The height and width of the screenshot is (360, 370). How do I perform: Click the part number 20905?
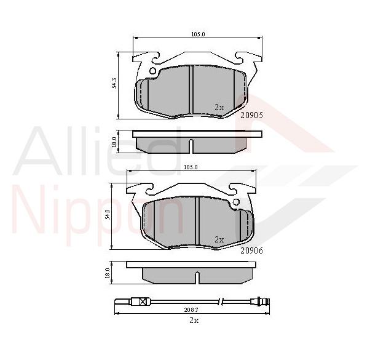click(x=251, y=115)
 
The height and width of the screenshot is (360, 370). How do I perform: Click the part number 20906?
click(x=251, y=250)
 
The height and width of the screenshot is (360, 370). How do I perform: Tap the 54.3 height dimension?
click(x=114, y=83)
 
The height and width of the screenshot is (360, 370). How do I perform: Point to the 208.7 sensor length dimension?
click(x=191, y=310)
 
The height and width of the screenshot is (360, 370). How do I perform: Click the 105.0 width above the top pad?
click(x=198, y=34)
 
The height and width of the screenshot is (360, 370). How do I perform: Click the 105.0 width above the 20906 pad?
click(x=191, y=167)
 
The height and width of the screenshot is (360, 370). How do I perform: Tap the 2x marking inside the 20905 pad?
click(x=219, y=108)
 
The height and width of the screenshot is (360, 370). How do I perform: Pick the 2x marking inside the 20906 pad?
click(x=219, y=239)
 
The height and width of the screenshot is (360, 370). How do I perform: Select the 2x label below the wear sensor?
click(x=194, y=321)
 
